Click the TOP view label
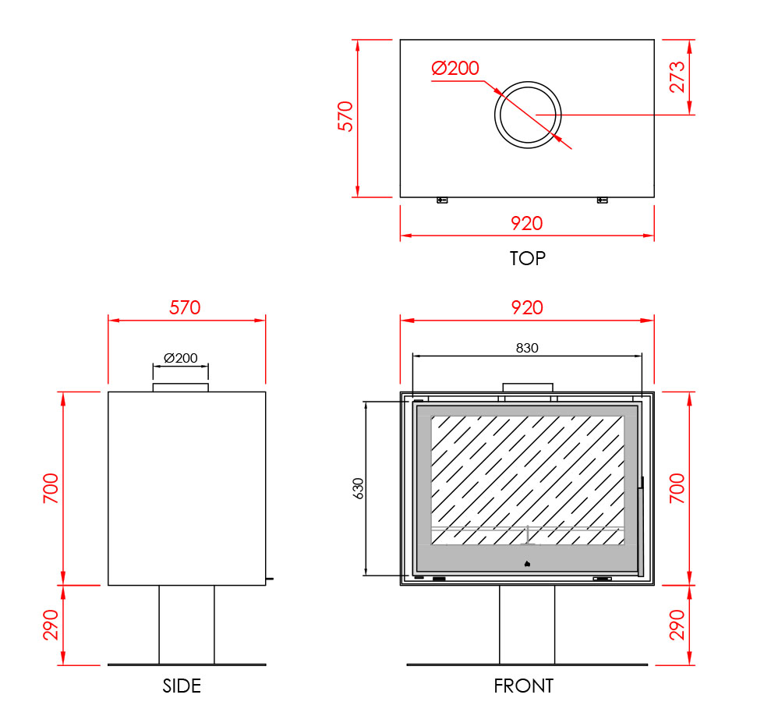point(527,258)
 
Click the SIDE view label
point(182,686)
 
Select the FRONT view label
point(524,686)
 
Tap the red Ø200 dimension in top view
point(455,68)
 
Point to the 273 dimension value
point(677,77)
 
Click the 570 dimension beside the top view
point(345,116)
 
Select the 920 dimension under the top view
point(527,223)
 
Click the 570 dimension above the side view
point(185,307)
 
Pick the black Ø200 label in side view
point(181,358)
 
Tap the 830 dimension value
point(527,348)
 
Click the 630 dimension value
point(358,488)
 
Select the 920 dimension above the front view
point(527,307)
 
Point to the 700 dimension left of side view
point(51,488)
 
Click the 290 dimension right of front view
point(677,625)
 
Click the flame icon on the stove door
point(527,564)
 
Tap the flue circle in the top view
point(529,83)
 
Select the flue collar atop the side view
point(181,388)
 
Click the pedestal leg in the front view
point(527,625)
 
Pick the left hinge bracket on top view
point(442,200)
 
